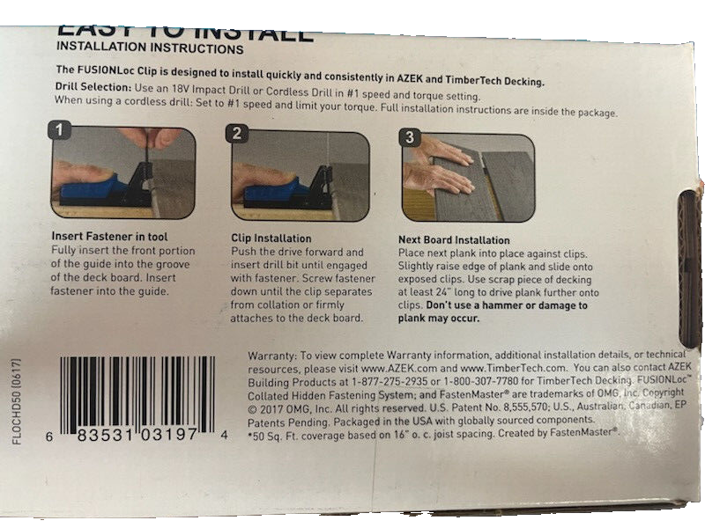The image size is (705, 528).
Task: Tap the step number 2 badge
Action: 238,134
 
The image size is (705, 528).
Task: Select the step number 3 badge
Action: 410,136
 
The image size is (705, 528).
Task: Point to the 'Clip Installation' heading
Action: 271,238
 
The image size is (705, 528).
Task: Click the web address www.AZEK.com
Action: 394,369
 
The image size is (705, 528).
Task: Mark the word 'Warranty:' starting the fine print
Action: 276,356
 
